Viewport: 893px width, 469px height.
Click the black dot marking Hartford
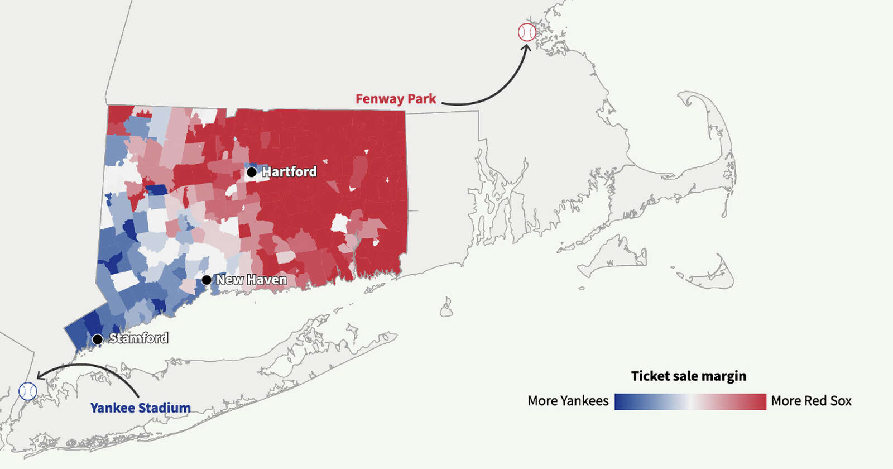point(252,172)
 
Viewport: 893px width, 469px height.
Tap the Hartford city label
point(289,172)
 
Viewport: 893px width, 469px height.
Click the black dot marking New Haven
point(207,280)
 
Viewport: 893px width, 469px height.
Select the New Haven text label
point(251,280)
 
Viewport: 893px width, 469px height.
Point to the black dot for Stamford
point(98,339)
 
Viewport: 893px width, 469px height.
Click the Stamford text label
point(138,338)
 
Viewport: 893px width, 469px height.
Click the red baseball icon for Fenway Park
point(527,32)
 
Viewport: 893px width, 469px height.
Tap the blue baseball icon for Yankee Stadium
point(28,391)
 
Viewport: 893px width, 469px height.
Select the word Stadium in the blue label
point(165,408)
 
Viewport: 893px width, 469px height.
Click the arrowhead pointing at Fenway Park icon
point(526,48)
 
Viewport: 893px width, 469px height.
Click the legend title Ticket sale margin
point(688,376)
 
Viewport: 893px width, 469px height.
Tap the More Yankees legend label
point(568,401)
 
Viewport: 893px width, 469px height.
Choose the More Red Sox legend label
point(811,401)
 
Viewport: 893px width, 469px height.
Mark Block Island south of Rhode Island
point(446,308)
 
